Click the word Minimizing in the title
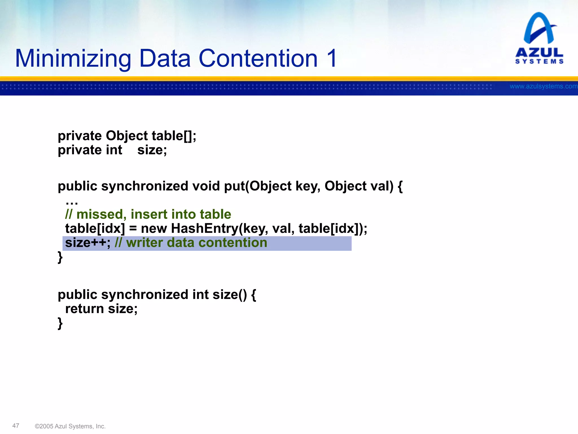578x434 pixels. coord(73,58)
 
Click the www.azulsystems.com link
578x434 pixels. coord(543,86)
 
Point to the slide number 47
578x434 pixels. coord(16,426)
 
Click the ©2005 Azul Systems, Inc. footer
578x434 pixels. coord(70,426)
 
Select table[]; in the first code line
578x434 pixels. coord(174,136)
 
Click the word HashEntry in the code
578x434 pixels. coord(205,228)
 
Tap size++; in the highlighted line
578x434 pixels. coord(88,243)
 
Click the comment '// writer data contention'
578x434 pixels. coord(191,243)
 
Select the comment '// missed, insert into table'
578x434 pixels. coord(148,214)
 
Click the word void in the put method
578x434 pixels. coord(206,186)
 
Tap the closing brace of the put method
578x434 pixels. coord(60,257)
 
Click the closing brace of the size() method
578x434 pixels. coord(60,323)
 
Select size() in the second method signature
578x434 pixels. coord(230,295)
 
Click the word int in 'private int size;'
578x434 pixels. coord(114,150)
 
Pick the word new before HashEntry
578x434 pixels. coord(154,228)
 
